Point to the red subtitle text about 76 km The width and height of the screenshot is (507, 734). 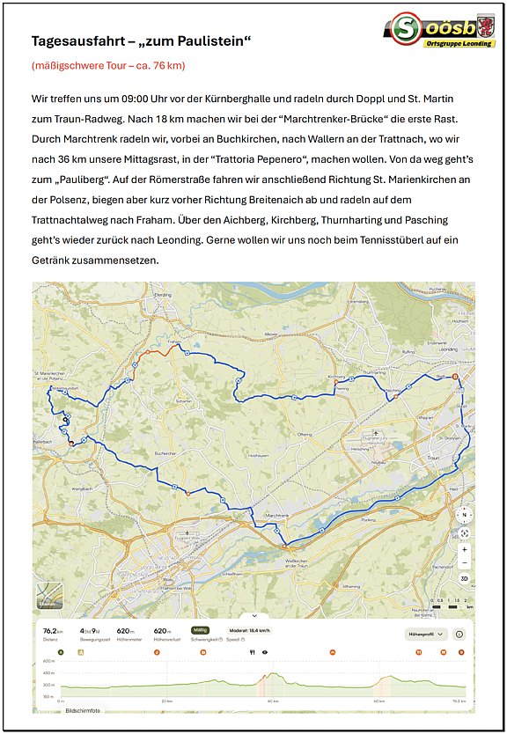(108, 65)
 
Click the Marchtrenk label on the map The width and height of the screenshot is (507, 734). (276, 516)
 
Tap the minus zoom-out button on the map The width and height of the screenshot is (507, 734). (464, 562)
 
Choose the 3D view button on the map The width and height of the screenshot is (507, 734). (464, 578)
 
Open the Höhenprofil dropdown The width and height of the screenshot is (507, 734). (427, 633)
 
